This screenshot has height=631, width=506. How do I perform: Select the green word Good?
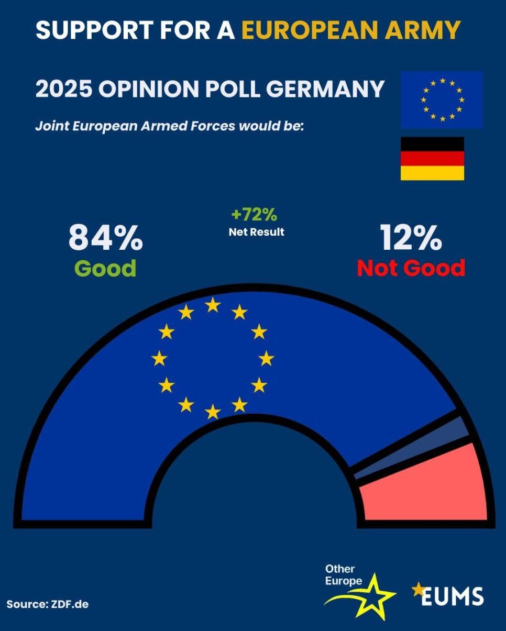tap(105, 268)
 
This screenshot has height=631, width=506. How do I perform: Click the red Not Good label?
tap(411, 268)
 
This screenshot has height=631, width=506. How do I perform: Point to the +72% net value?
tap(254, 215)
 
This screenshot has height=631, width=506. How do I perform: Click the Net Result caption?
tap(256, 231)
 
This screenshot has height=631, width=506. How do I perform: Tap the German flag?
tap(432, 159)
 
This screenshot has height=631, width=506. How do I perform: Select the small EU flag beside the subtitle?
tap(442, 99)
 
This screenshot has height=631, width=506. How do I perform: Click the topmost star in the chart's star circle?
tap(213, 305)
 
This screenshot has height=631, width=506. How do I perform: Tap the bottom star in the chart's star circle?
tap(213, 412)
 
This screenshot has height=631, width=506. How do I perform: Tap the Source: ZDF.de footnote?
tap(48, 604)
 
